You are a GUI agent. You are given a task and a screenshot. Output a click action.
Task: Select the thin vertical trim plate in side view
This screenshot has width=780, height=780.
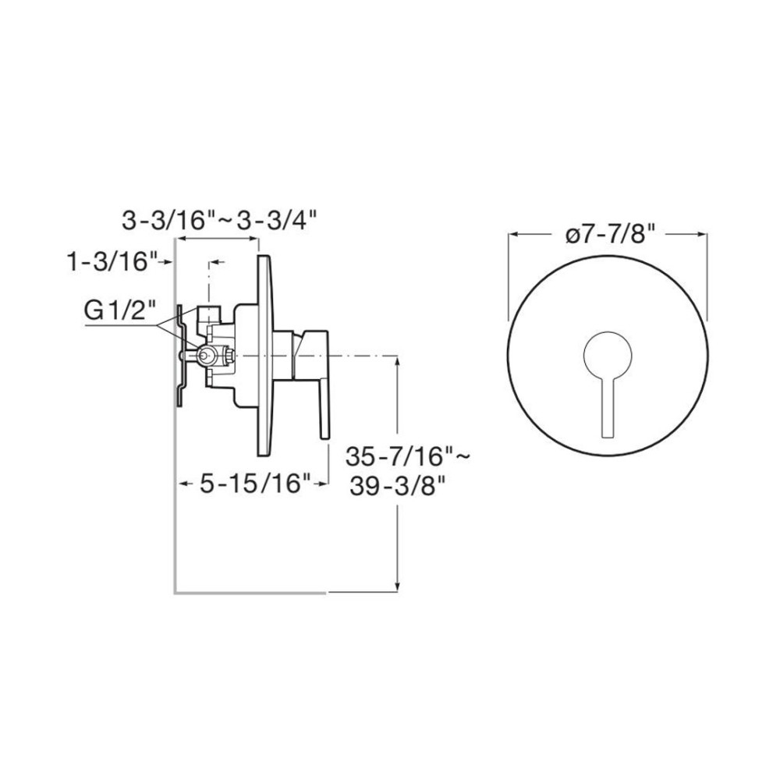point(262,356)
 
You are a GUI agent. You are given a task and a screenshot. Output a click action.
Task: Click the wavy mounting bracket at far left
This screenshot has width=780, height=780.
point(179,355)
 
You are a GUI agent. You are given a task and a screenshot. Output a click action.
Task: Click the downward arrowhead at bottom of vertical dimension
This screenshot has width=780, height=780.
point(399,587)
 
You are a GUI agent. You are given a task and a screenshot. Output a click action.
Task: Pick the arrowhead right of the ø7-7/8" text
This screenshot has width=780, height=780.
point(703,234)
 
